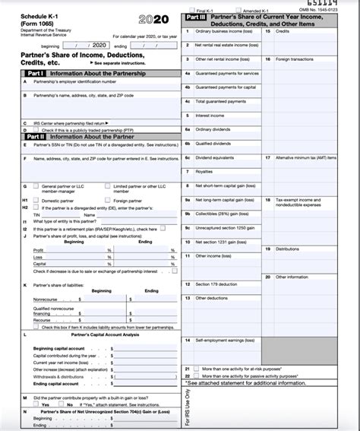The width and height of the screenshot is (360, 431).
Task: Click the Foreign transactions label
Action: pyautogui.click(x=295, y=59)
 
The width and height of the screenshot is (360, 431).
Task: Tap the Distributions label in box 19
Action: pyautogui.click(x=288, y=249)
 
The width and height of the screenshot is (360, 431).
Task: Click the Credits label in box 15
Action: pyautogui.click(x=283, y=31)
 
